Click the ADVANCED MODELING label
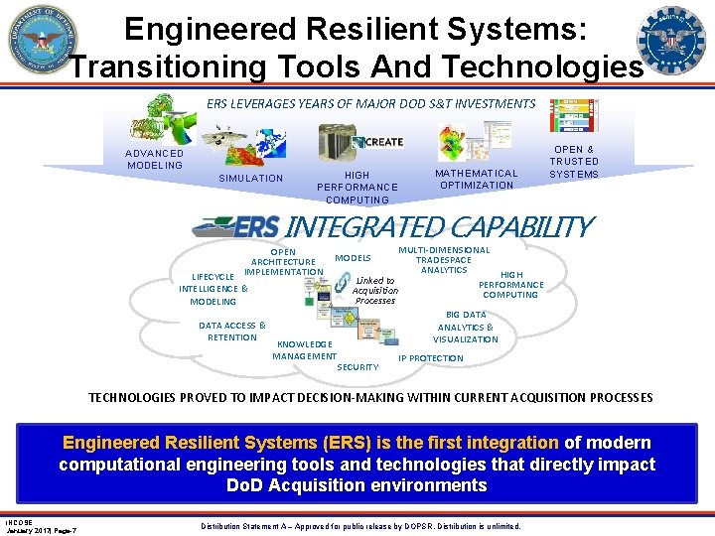pyautogui.click(x=154, y=159)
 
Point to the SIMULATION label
pyautogui.click(x=250, y=179)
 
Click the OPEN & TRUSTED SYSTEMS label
pyautogui.click(x=574, y=161)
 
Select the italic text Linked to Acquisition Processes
pyautogui.click(x=375, y=290)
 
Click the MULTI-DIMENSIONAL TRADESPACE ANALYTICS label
pyautogui.click(x=444, y=260)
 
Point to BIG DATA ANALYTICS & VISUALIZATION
pyautogui.click(x=465, y=327)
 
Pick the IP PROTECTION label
pyautogui.click(x=431, y=358)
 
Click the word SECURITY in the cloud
pyautogui.click(x=357, y=367)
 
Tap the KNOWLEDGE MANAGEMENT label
pyautogui.click(x=304, y=349)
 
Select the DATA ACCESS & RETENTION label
pyautogui.click(x=232, y=331)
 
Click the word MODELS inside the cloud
pyautogui.click(x=353, y=258)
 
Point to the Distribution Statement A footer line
pyautogui.click(x=359, y=525)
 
